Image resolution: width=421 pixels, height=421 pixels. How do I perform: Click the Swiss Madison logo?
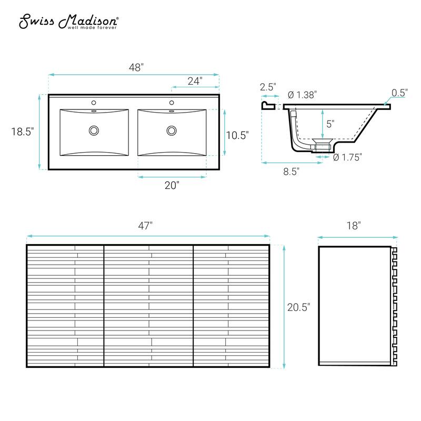pos(69,22)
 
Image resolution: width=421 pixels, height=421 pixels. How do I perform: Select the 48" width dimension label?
pos(136,67)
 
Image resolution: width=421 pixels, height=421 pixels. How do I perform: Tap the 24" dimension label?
pos(195,81)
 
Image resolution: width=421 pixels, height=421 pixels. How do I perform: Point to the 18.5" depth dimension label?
pos(22,132)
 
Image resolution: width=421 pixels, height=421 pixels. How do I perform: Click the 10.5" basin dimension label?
pos(237,134)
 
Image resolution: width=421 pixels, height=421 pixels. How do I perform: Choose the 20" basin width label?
pos(172,185)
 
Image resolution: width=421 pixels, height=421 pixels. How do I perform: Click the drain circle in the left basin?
pos(94,130)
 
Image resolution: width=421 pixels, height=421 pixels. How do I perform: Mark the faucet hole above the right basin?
pos(172,103)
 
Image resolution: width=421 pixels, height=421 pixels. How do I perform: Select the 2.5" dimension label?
pos(268,87)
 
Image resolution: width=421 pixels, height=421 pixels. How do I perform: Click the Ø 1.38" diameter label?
pos(303,95)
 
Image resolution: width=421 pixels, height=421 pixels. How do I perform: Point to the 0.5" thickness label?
pos(399,92)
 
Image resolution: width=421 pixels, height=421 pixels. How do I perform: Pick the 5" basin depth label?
pos(330,124)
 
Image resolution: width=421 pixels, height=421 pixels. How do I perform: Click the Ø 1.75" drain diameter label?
pos(348,157)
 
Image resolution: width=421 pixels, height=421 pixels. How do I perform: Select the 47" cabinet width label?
pos(145,226)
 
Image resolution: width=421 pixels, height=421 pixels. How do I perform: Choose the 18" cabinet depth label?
pos(354,226)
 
